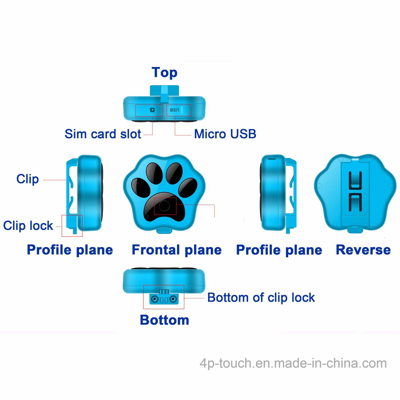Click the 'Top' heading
pyautogui.click(x=165, y=73)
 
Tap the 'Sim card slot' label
pyautogui.click(x=103, y=134)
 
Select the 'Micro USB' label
pyautogui.click(x=225, y=134)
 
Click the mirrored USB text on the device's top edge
pyautogui.click(x=174, y=110)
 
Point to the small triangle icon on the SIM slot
pyautogui.click(x=152, y=110)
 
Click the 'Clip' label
pyautogui.click(x=27, y=179)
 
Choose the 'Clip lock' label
pyautogui.click(x=28, y=226)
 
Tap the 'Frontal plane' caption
pyautogui.click(x=177, y=250)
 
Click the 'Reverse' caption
pyautogui.click(x=363, y=250)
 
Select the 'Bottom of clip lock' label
pyautogui.click(x=261, y=298)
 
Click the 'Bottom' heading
pyautogui.click(x=165, y=320)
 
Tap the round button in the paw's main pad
pyautogui.click(x=164, y=206)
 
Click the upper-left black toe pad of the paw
pyautogui.click(x=154, y=172)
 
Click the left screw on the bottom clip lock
pyautogui.click(x=154, y=299)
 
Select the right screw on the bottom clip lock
pyautogui.click(x=173, y=299)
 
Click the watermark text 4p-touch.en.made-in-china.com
pyautogui.click(x=293, y=363)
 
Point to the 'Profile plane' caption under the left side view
pyautogui.click(x=70, y=250)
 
